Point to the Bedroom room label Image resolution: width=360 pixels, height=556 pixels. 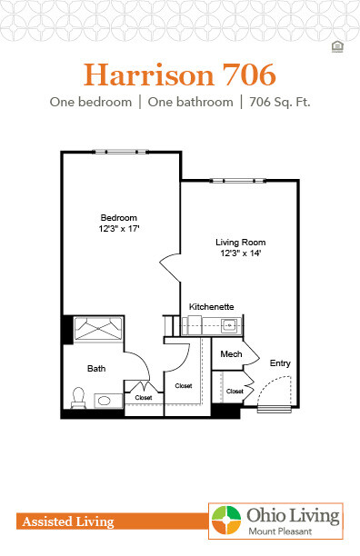118,218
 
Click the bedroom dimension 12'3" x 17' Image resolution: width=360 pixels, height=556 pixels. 118,230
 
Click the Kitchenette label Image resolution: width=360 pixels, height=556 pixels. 212,308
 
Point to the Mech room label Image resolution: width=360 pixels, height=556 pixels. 229,353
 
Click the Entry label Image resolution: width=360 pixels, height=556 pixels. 280,363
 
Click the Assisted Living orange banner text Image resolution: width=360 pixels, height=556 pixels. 65,521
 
